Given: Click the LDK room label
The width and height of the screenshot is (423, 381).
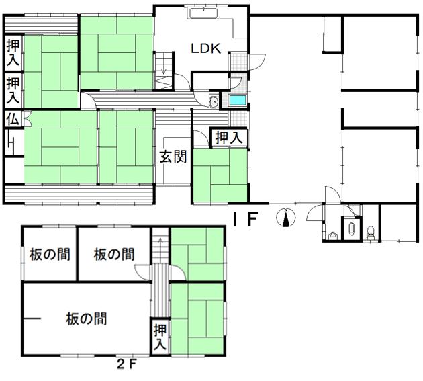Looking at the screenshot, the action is [x=206, y=48].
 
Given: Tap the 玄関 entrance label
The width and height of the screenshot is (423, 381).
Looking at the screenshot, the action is [x=173, y=157].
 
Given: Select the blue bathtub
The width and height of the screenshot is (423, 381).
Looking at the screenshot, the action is [x=238, y=101].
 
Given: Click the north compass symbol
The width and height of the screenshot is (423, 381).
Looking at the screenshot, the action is [x=286, y=217].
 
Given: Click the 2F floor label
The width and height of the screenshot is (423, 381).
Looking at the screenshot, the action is [x=126, y=365].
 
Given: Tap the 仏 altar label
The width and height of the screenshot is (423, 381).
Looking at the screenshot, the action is [x=13, y=119].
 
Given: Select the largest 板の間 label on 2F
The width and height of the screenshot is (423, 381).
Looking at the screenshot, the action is [x=87, y=319].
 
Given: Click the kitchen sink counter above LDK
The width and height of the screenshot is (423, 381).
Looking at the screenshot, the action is [x=203, y=13].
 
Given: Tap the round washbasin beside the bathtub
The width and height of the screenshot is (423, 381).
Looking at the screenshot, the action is [x=215, y=102].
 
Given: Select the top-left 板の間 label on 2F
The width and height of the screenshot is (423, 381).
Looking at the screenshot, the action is [x=50, y=255].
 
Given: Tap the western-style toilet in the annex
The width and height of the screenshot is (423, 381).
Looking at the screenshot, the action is [x=371, y=233].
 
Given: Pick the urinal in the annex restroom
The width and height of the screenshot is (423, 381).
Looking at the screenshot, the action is [x=352, y=228].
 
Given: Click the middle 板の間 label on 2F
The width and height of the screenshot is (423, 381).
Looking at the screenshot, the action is [x=114, y=255].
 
